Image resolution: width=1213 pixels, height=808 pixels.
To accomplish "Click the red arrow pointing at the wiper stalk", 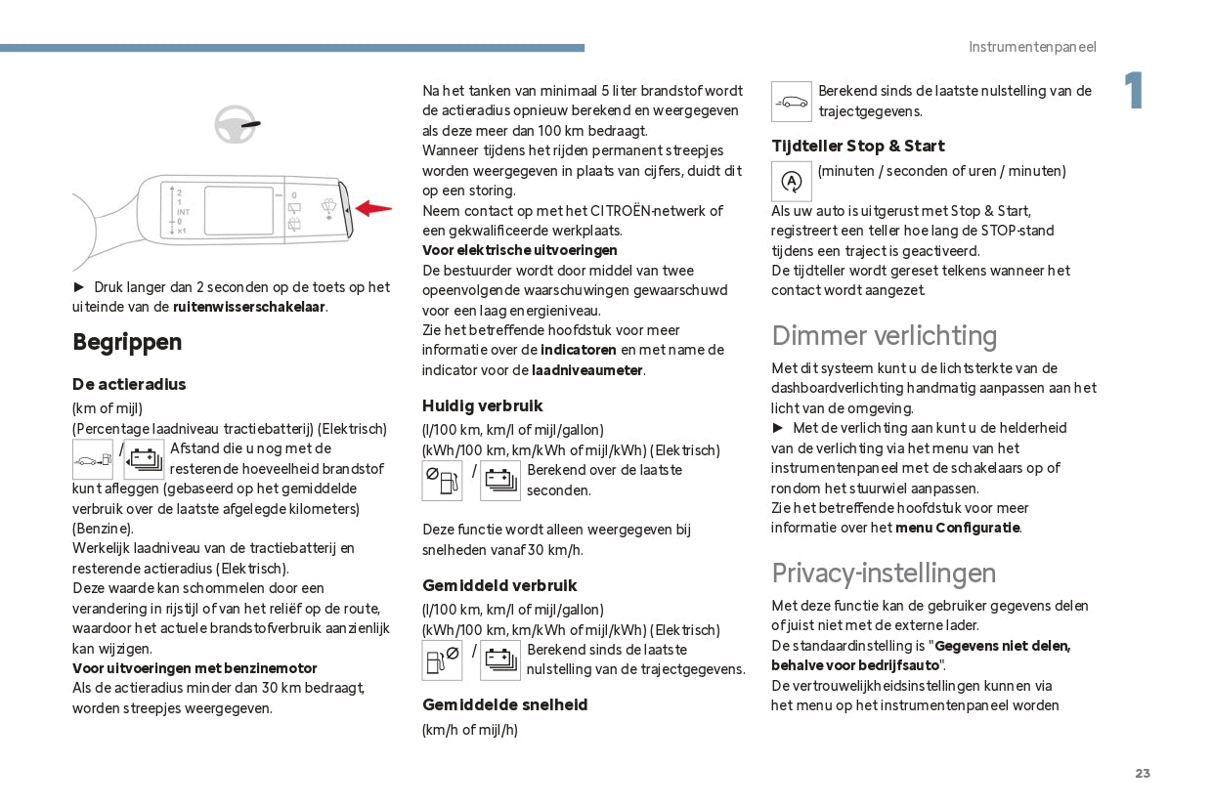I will (374, 208).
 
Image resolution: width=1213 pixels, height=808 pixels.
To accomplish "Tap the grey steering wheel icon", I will (235, 124).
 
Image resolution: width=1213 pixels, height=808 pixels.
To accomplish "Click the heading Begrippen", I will (127, 342).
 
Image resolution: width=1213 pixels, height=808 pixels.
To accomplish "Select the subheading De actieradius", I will (129, 384).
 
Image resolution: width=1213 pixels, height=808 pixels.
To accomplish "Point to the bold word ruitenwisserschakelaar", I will (249, 307).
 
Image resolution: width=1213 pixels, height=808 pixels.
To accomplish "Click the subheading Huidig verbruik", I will (482, 405).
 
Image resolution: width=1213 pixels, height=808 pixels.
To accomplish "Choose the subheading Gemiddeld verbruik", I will (499, 585).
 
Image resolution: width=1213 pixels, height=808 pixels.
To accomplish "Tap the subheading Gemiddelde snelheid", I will (505, 704).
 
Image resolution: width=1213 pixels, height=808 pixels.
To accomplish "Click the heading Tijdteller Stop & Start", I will (857, 146).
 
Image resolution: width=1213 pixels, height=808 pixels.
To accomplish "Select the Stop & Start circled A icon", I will (792, 182).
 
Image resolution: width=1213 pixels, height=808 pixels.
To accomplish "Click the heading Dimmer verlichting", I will (884, 336).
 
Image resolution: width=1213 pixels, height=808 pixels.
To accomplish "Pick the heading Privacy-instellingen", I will (884, 573).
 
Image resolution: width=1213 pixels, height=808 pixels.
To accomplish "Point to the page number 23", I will (1143, 773).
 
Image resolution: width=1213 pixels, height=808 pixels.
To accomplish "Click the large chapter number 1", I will (1133, 91).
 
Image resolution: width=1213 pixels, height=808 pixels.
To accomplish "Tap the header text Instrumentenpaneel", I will (1032, 47).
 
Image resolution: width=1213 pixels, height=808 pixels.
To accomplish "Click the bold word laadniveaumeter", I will (587, 370).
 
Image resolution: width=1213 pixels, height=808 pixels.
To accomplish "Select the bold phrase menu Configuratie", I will (958, 528).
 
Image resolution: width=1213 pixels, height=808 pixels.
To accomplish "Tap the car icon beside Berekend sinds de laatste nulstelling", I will (792, 102).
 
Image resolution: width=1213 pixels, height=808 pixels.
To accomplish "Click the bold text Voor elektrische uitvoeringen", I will (519, 250).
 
